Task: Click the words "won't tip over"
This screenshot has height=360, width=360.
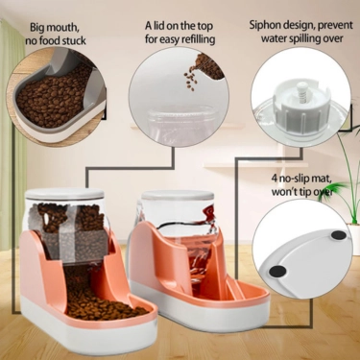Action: [x=303, y=191]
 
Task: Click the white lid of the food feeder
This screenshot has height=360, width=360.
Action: [x=65, y=196]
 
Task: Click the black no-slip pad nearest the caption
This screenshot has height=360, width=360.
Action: [x=337, y=233]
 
